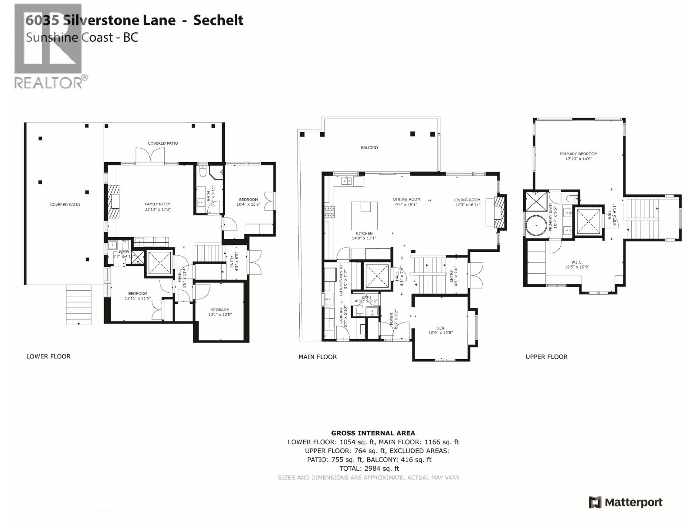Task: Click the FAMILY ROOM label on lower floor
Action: coord(158,204)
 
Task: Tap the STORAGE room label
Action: coord(220,310)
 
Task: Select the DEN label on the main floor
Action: coord(440,328)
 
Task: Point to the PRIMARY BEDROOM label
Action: coord(579,154)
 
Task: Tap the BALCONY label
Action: coord(369,148)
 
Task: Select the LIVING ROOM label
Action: coord(467,200)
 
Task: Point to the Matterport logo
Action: coord(626,503)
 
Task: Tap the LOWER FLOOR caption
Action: coord(48,357)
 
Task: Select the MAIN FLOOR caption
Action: coord(318,357)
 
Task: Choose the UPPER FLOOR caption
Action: coord(546,357)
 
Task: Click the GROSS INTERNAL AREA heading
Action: coord(373,433)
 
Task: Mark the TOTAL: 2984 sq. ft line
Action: coord(369,469)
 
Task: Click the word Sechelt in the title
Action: coord(218,20)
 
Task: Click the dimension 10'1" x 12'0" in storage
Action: coord(220,315)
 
